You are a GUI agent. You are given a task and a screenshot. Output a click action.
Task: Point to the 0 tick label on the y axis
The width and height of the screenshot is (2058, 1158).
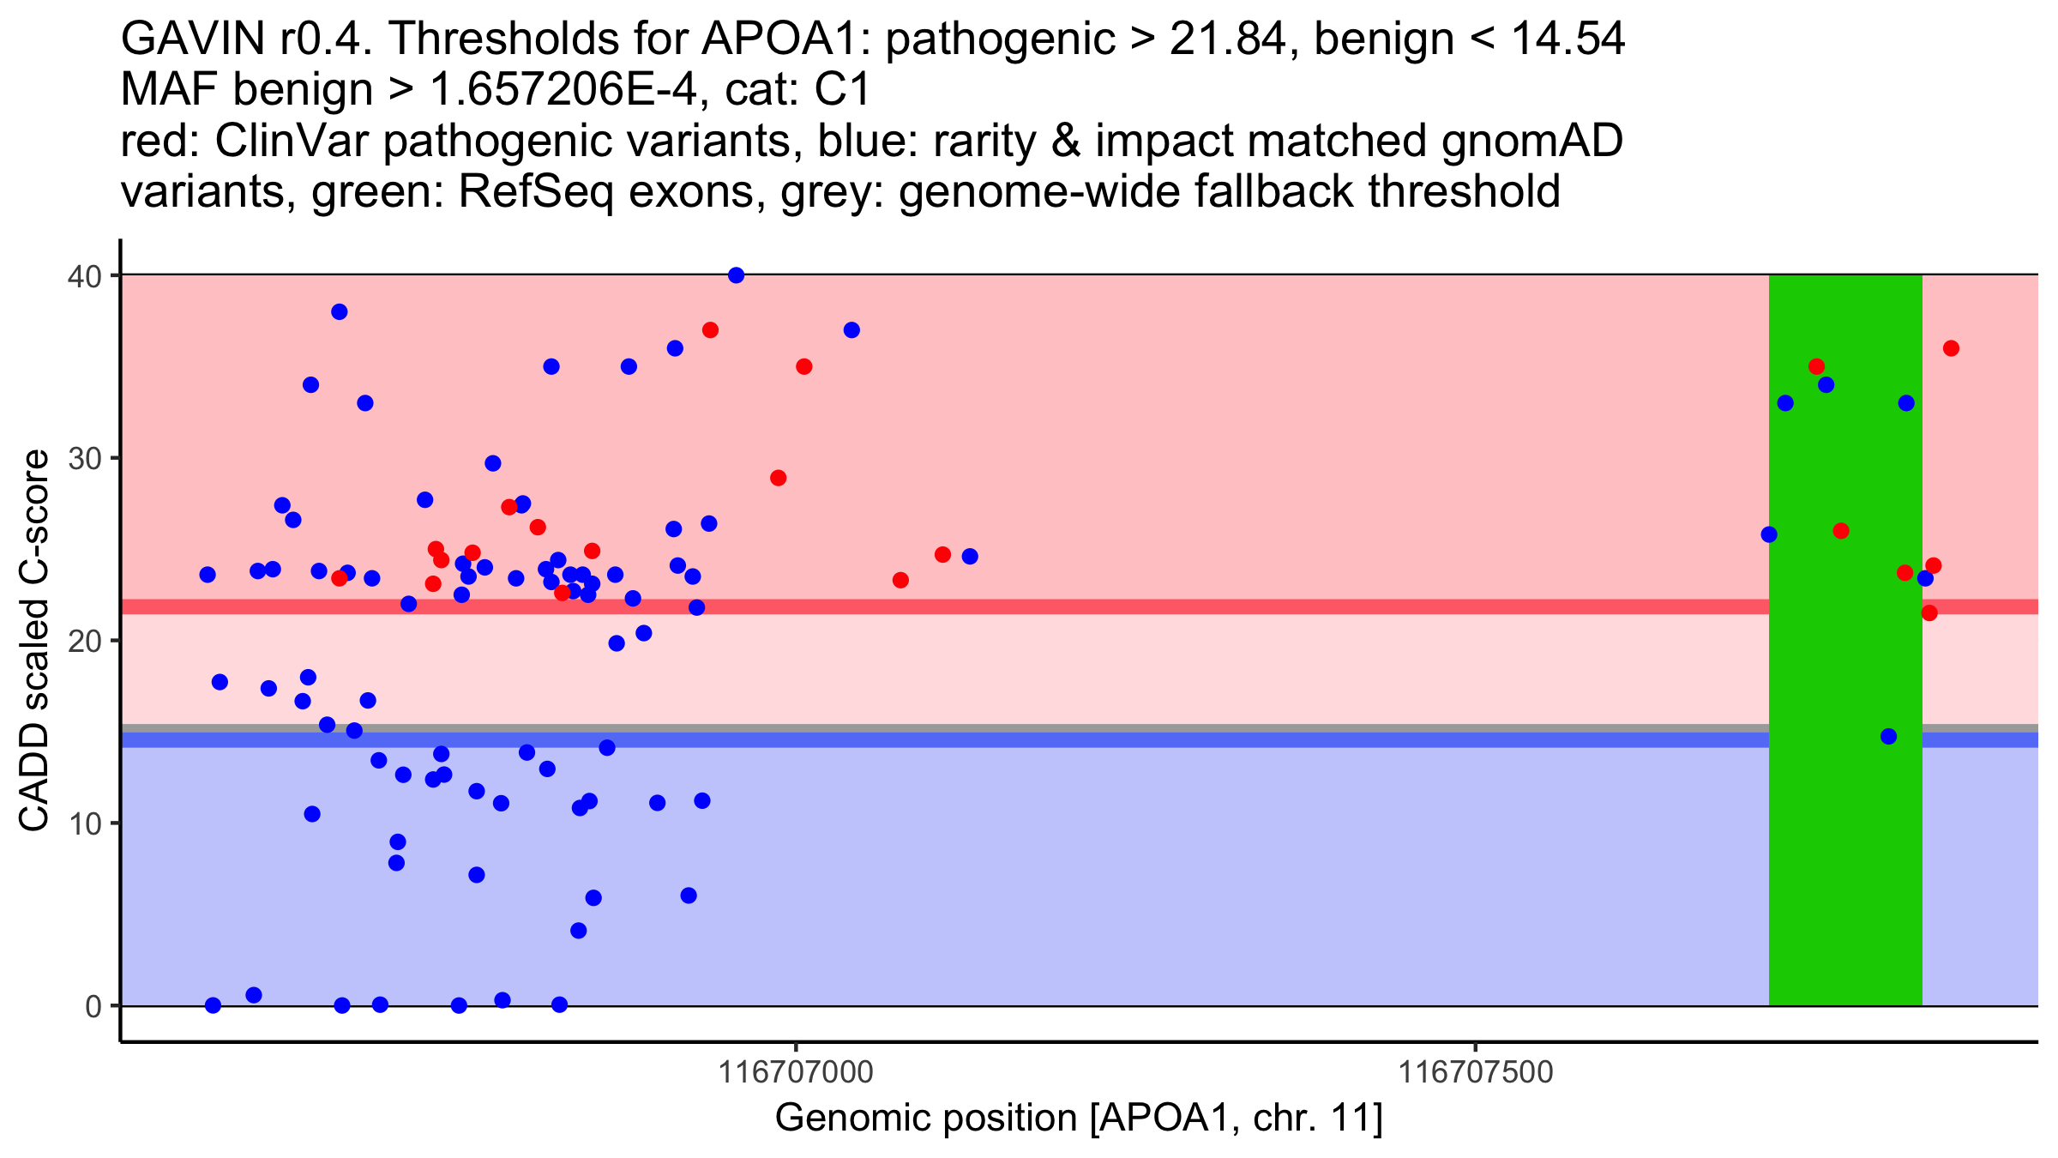click(92, 1006)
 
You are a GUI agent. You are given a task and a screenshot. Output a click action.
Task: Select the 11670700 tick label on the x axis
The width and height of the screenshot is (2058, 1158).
click(796, 1073)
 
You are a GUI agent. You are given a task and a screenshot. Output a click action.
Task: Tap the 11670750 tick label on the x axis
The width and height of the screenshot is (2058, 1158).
click(1476, 1073)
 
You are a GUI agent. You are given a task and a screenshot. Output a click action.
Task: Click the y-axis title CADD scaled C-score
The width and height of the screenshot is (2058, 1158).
click(34, 642)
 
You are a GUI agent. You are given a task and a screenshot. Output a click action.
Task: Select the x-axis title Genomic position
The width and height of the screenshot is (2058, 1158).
click(1079, 1119)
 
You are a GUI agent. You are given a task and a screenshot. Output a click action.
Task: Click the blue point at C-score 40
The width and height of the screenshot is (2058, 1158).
click(736, 275)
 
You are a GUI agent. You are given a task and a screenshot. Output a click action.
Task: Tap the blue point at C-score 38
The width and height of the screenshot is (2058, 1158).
click(340, 311)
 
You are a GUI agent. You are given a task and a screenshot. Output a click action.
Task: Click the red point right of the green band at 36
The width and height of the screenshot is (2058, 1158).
click(1951, 348)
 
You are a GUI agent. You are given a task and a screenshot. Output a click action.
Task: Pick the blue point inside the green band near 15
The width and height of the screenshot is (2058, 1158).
click(1888, 736)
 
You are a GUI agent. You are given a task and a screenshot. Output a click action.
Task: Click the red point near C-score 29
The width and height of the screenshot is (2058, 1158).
click(778, 478)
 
